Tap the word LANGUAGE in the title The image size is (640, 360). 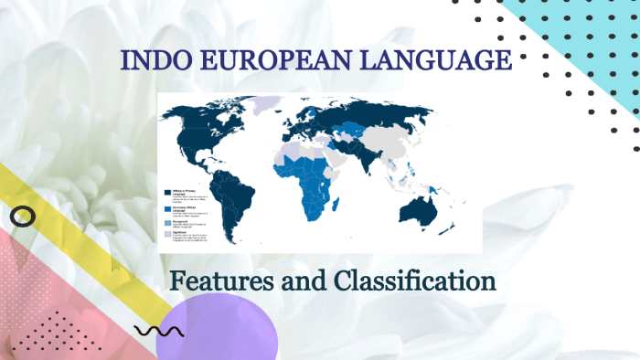point(437,62)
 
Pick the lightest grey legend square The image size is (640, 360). point(166,234)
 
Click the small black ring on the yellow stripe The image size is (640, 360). point(23,217)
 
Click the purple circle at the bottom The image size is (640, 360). point(216,333)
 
